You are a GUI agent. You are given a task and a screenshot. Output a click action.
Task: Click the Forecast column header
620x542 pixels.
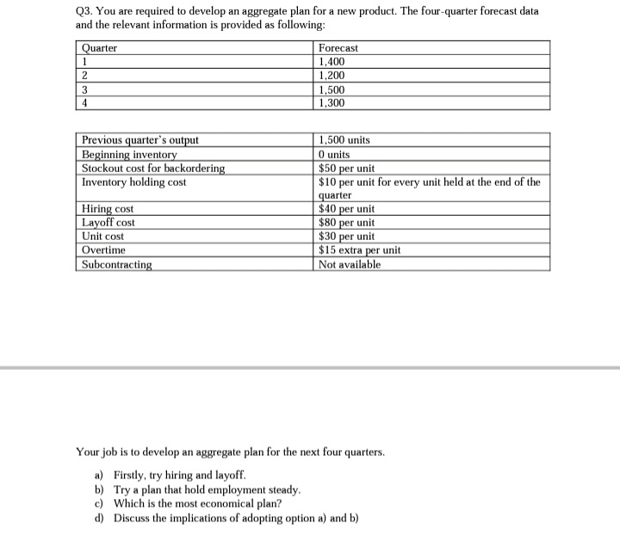[x=338, y=48]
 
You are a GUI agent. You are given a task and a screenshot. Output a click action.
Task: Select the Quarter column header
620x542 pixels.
[x=99, y=48]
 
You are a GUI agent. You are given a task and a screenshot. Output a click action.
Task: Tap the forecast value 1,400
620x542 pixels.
[x=333, y=62]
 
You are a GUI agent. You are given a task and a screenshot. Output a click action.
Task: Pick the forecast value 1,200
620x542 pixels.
[x=333, y=76]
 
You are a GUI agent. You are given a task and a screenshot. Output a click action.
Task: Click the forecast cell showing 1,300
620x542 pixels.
[x=333, y=102]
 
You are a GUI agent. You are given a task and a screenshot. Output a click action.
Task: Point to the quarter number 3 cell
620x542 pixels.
[x=84, y=89]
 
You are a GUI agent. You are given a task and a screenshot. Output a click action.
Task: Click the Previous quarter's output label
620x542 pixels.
[x=139, y=140]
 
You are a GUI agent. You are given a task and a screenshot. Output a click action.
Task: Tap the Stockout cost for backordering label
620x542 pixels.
[x=153, y=168]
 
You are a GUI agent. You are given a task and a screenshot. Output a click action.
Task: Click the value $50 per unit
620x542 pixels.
[x=346, y=168]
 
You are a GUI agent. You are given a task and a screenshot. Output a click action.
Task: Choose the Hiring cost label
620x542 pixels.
[x=108, y=209]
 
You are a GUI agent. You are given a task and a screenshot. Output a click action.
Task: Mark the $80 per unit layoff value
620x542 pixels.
[x=346, y=222]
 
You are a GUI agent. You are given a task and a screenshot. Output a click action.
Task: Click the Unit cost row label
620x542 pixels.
[x=102, y=236]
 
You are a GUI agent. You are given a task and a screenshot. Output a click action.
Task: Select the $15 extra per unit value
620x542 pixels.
[x=359, y=249]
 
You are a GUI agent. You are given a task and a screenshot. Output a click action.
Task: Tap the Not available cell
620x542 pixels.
[x=349, y=264]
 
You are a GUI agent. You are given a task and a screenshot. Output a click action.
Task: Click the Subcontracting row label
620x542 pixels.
[x=116, y=264]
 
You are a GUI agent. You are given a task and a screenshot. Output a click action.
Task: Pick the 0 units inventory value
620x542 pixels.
[x=334, y=154]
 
